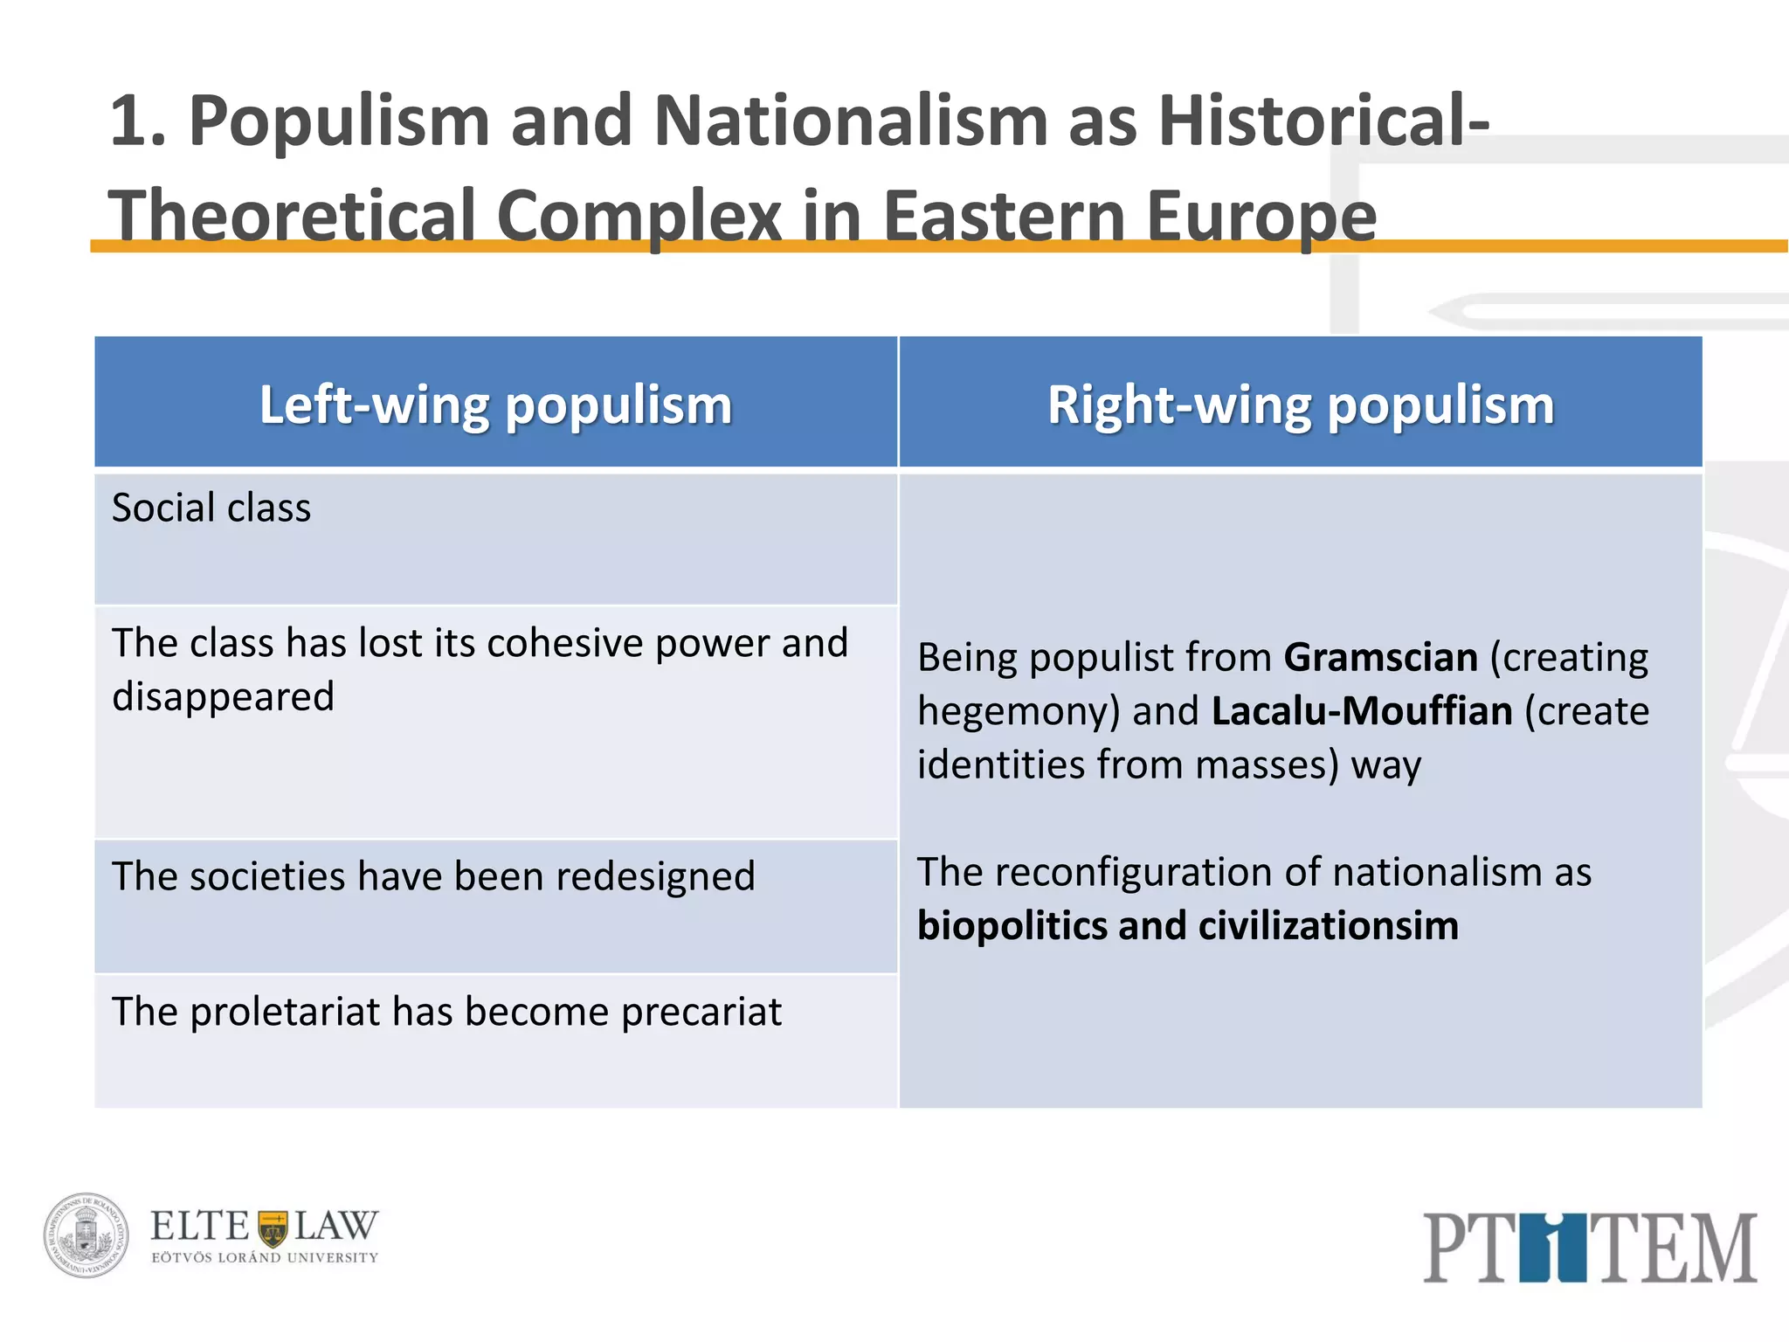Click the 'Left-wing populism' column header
[495, 405]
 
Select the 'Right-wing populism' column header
[1301, 405]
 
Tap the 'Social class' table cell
[211, 508]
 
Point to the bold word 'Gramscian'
[1381, 657]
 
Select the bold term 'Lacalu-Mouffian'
[1362, 711]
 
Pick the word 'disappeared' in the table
[224, 697]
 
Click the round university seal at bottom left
[86, 1235]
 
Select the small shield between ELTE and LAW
[273, 1228]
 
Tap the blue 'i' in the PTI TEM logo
[1548, 1247]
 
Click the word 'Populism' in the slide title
[339, 121]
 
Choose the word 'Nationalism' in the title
[850, 121]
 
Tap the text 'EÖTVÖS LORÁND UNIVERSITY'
[265, 1258]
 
